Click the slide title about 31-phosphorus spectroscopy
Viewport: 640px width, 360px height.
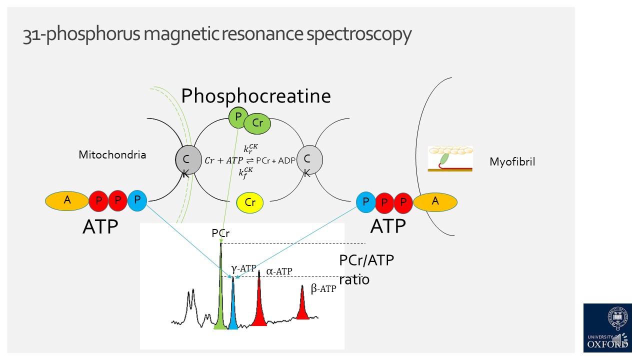click(217, 34)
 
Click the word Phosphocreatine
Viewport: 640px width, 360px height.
click(255, 95)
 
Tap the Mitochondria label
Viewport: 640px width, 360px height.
click(112, 155)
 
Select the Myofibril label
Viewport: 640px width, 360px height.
click(512, 162)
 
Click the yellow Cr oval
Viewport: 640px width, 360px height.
click(250, 202)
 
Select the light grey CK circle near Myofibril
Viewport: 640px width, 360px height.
click(309, 160)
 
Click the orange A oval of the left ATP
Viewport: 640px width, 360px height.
click(67, 200)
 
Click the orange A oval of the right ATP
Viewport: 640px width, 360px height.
click(435, 201)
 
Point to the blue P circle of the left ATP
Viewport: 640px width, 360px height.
click(137, 200)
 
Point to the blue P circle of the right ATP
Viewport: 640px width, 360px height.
click(366, 201)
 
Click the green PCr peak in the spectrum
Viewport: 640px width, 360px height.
click(220, 300)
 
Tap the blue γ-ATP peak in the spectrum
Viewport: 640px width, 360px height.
click(233, 310)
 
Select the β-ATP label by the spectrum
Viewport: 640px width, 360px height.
click(323, 288)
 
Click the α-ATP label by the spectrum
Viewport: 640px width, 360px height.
click(279, 271)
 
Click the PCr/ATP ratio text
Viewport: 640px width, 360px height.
click(366, 269)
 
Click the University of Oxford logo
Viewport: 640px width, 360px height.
click(607, 327)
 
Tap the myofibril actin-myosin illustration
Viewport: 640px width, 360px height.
click(450, 159)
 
